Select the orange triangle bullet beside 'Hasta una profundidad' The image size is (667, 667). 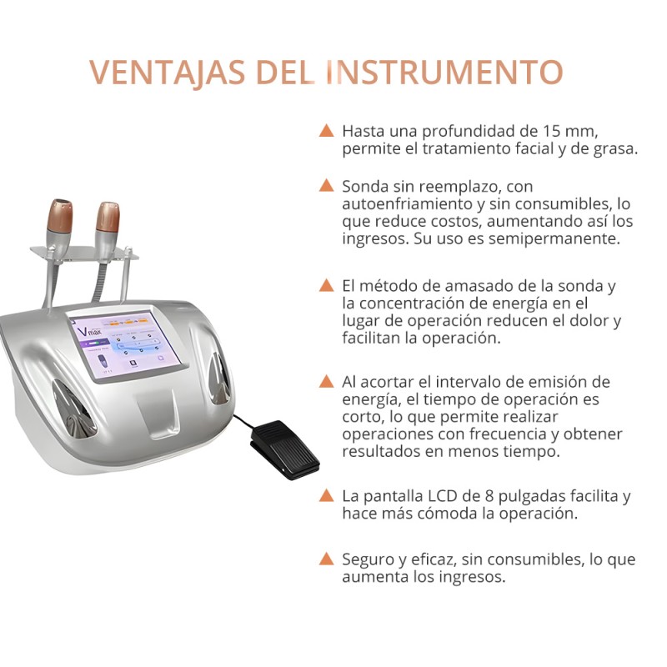point(327,131)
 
